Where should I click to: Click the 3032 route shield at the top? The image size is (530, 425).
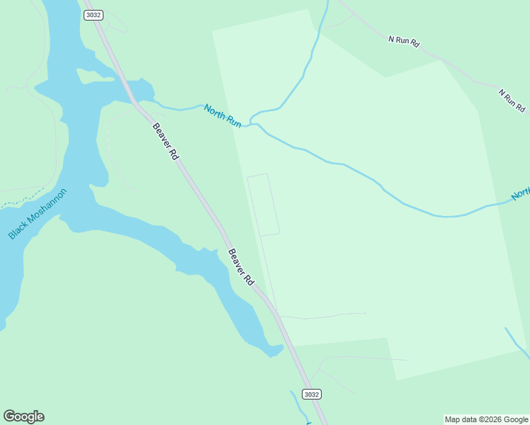[92, 15]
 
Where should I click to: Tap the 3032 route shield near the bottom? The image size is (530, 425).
[310, 394]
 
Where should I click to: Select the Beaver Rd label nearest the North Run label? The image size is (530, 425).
[164, 141]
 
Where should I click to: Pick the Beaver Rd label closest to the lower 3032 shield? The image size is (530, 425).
[241, 266]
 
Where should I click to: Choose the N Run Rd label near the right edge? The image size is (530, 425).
[512, 101]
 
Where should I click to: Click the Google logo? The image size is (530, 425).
[23, 416]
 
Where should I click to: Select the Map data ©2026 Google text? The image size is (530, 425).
[486, 419]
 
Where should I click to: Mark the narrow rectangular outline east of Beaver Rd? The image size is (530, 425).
[263, 205]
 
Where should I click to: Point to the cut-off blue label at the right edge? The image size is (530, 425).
[521, 194]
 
